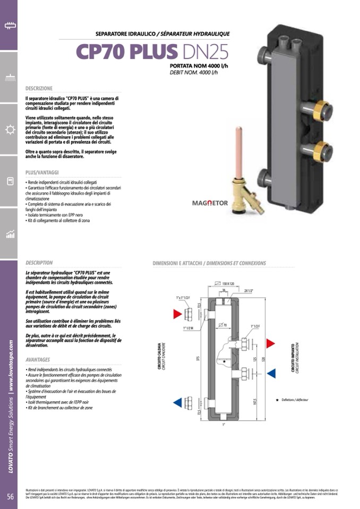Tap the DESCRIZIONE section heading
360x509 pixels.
(39, 88)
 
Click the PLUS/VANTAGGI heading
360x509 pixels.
(42, 172)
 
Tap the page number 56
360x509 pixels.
(10, 496)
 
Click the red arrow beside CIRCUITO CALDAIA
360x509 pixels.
(178, 314)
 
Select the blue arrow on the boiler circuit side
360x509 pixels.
(178, 402)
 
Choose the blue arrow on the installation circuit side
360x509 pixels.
(270, 373)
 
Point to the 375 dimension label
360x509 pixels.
(198, 359)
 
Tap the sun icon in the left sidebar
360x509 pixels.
(9, 130)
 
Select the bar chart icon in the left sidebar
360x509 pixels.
(9, 234)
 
